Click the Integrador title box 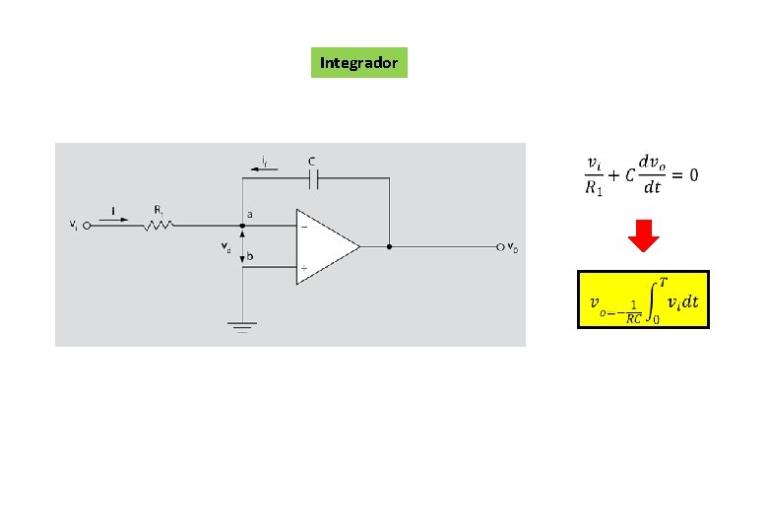tap(358, 63)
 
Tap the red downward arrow tap(644, 238)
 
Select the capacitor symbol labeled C tap(313, 178)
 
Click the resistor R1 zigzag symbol tap(159, 225)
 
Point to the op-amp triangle tap(326, 246)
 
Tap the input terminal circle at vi tap(86, 225)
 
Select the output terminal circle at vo tap(499, 246)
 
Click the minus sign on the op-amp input tap(303, 226)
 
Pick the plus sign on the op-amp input tap(303, 267)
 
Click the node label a tap(249, 214)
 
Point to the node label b tap(250, 256)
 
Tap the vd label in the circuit tap(226, 247)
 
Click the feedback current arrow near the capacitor tap(263, 168)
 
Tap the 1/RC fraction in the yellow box tap(634, 311)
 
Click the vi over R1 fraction tap(594, 175)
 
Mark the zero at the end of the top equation tap(694, 174)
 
